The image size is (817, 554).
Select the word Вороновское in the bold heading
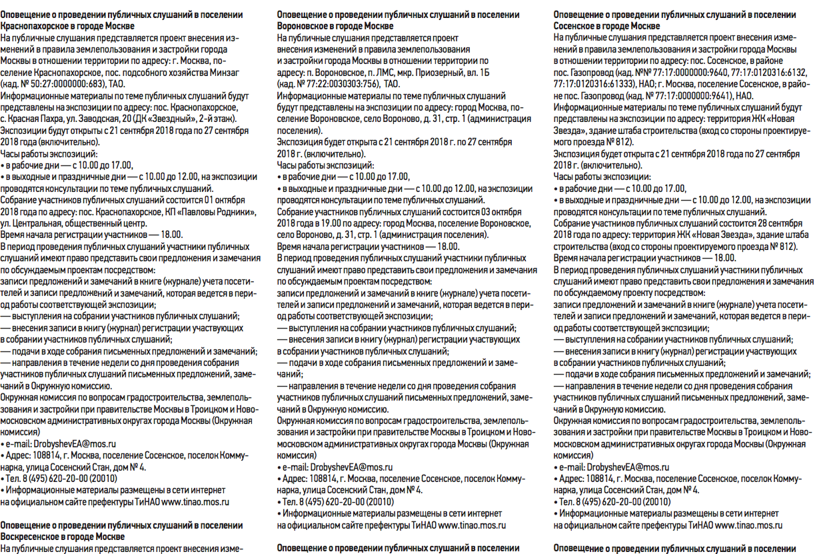(305, 25)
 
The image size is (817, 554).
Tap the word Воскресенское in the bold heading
(33, 536)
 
